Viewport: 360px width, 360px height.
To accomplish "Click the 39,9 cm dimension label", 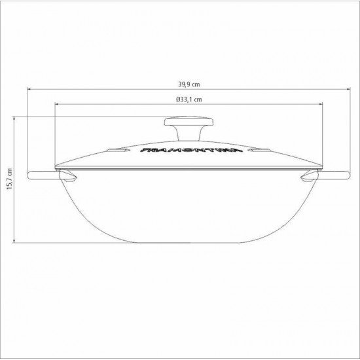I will point(179,84).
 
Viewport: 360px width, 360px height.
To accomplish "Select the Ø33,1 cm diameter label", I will point(180,99).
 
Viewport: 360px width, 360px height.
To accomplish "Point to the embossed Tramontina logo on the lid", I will point(179,153).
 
